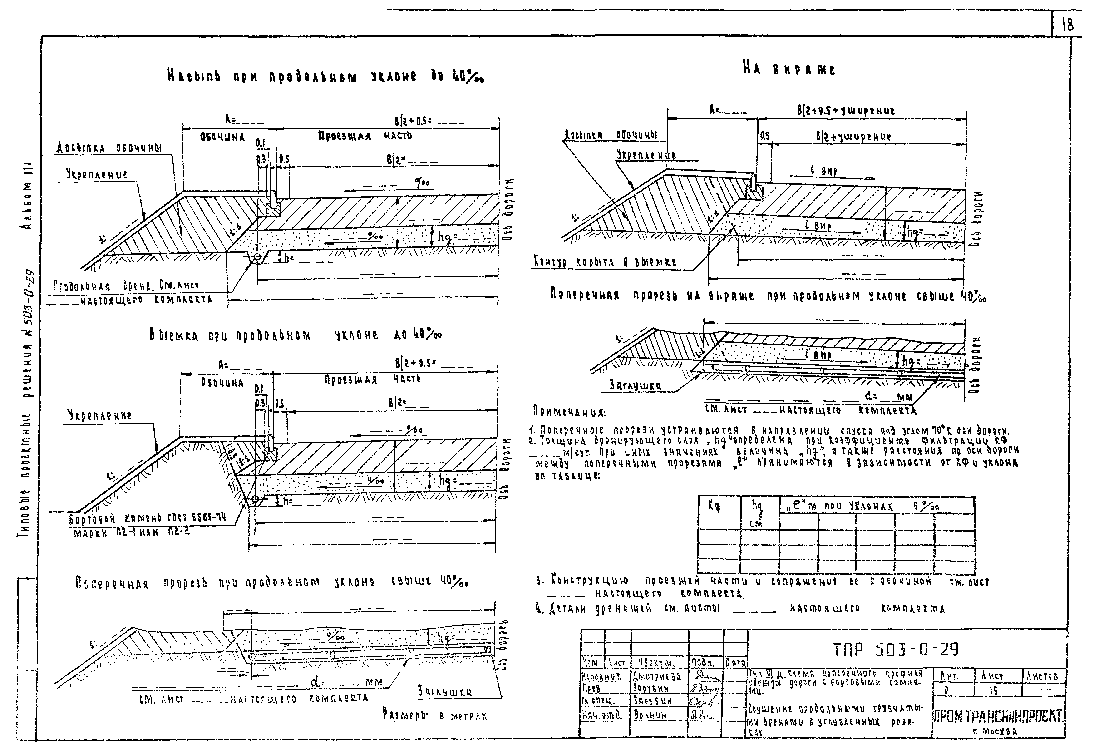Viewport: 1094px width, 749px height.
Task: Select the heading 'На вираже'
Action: coord(789,69)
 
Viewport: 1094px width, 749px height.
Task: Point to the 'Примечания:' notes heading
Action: coord(569,412)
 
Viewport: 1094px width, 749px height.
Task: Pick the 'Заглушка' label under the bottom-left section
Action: coord(444,692)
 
